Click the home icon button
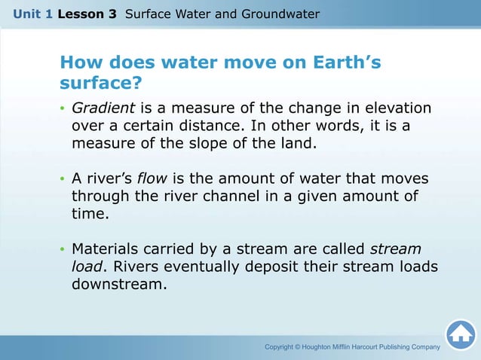pyautogui.click(x=460, y=334)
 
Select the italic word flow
pyautogui.click(x=153, y=179)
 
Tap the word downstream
pyautogui.click(x=118, y=285)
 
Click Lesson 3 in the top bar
pyautogui.click(x=87, y=14)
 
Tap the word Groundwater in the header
pyautogui.click(x=283, y=14)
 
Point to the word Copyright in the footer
pyautogui.click(x=283, y=347)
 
